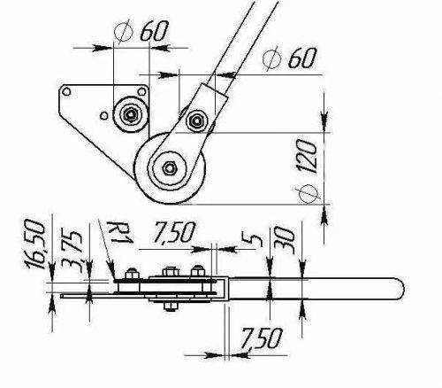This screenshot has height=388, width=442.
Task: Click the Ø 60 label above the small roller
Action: click(x=141, y=31)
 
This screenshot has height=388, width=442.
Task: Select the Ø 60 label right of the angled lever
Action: click(x=290, y=58)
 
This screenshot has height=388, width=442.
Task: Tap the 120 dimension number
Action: click(x=307, y=156)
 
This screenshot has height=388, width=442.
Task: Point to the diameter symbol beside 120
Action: click(x=309, y=194)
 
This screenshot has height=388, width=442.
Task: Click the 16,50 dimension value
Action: click(x=36, y=244)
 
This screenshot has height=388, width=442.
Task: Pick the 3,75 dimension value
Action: click(x=72, y=251)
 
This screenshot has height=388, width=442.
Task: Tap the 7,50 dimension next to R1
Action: click(x=174, y=232)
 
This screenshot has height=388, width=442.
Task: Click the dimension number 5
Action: click(x=251, y=238)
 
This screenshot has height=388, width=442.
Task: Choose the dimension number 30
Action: click(x=284, y=240)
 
